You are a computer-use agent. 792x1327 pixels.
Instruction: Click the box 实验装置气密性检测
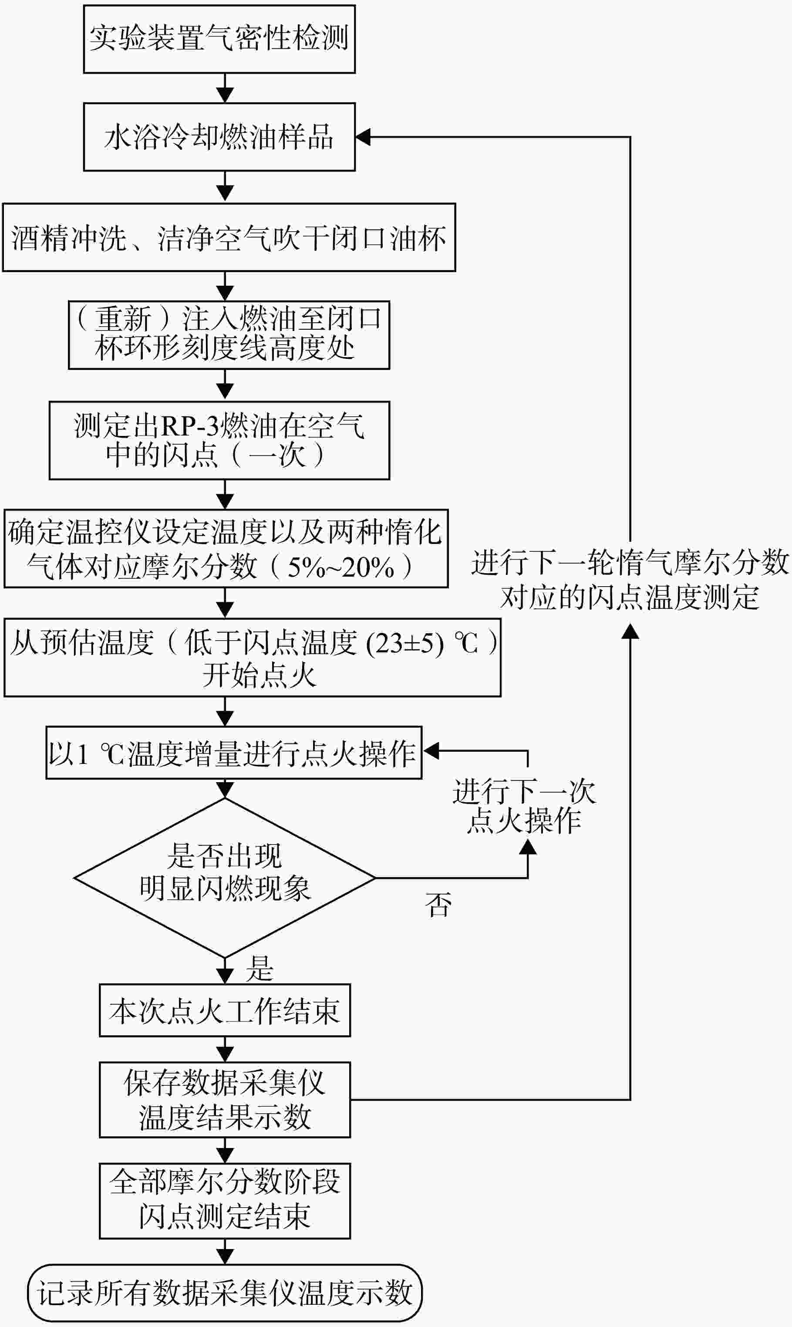219,39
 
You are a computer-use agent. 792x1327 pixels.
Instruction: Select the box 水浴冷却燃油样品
219,137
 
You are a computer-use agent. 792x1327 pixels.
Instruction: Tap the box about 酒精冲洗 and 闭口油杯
229,237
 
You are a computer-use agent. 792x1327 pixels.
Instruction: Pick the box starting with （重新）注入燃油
229,334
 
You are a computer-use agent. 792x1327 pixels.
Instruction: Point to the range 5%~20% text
340,567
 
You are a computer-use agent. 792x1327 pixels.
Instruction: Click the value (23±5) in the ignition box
404,644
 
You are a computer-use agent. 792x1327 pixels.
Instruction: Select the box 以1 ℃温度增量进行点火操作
234,753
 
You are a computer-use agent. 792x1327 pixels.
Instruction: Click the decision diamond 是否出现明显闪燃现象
225,878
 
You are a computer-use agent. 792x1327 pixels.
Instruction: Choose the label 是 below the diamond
260,969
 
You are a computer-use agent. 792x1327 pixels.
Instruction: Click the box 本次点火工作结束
225,1010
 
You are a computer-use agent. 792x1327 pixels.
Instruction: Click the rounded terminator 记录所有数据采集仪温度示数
225,1293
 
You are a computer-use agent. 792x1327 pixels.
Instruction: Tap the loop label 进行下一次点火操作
524,806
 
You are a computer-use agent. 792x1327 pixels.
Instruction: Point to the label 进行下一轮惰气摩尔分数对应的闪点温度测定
630,580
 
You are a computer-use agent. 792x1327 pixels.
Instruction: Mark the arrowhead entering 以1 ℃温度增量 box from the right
430,751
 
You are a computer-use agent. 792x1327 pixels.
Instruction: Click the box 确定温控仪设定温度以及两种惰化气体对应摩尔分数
226,549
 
